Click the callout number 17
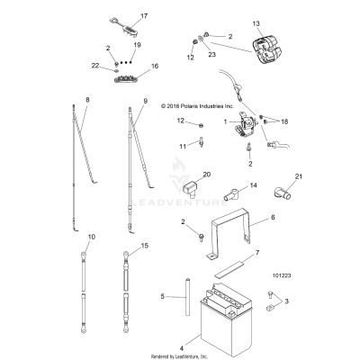click(144, 15)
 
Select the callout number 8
click(88, 98)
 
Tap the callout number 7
click(257, 255)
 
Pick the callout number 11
click(181, 145)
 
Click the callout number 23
click(213, 55)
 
